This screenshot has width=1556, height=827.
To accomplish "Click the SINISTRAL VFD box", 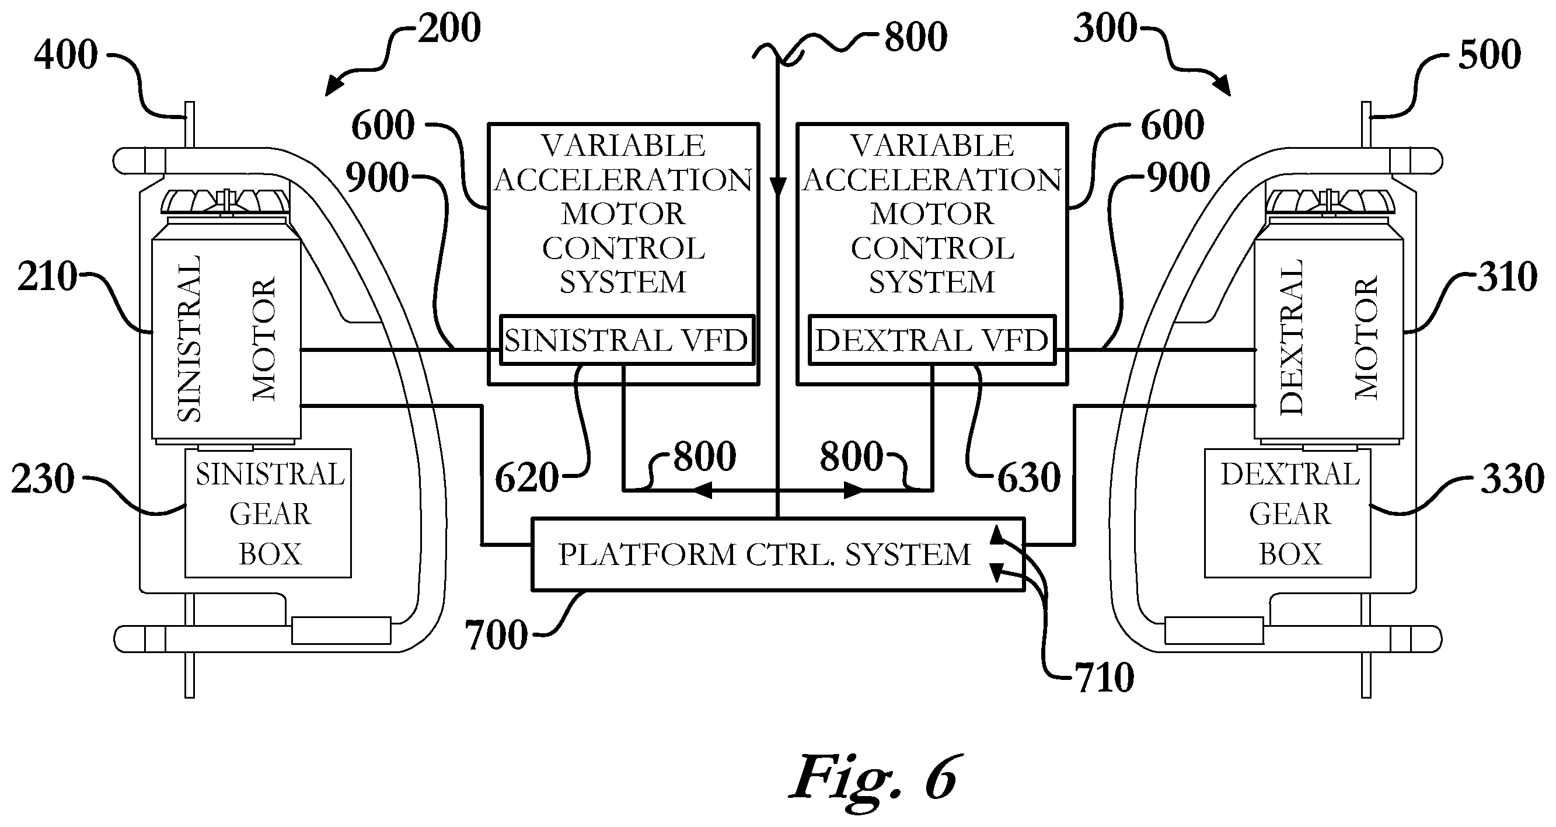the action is (627, 340).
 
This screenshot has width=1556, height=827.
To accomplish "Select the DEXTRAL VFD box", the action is (932, 340).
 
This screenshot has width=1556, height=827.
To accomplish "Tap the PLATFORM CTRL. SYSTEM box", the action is (778, 554).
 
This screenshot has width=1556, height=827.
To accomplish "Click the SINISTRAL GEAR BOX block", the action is (267, 513).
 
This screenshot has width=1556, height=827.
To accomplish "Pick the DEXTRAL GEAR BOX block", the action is (1287, 513).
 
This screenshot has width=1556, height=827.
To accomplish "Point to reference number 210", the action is (48, 277).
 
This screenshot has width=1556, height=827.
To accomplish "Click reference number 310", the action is (1507, 277).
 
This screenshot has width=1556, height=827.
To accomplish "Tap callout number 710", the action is (1104, 677).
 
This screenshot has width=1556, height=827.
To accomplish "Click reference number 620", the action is (526, 478).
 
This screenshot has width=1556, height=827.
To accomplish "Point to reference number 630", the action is (1028, 478).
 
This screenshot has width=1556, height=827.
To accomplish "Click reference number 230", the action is (43, 479).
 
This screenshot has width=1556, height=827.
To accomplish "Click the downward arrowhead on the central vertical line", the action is (778, 187).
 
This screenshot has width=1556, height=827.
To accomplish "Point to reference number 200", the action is (449, 29).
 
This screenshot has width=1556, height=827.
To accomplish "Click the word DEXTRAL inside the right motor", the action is (1291, 337).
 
